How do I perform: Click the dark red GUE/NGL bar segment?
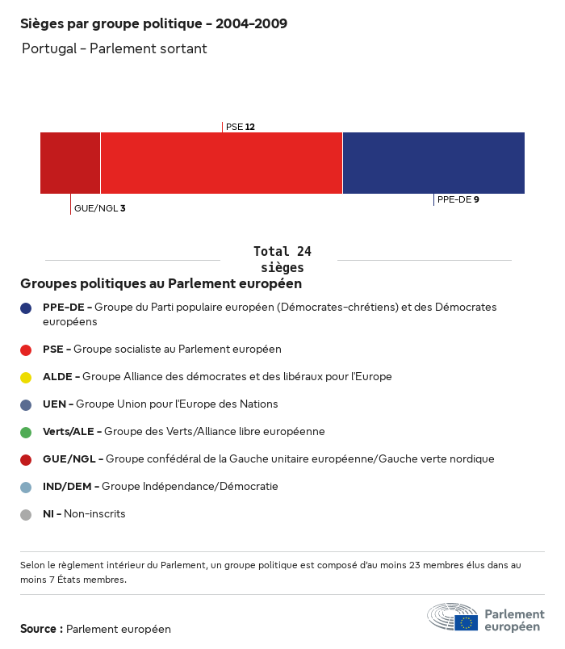pyautogui.click(x=70, y=163)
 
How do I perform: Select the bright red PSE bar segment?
pyautogui.click(x=221, y=163)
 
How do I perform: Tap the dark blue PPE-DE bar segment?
pyautogui.click(x=433, y=163)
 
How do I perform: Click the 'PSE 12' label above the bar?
pyautogui.click(x=241, y=127)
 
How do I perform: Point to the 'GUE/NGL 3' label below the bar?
pyautogui.click(x=99, y=208)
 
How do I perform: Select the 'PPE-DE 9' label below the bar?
pyautogui.click(x=458, y=199)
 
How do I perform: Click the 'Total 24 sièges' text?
pyautogui.click(x=282, y=259)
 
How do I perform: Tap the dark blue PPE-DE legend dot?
pyautogui.click(x=26, y=308)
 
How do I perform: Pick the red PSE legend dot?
pyautogui.click(x=26, y=350)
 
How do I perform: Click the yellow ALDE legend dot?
pyautogui.click(x=26, y=377)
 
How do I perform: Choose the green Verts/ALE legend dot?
pyautogui.click(x=26, y=432)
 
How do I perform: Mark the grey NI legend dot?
pyautogui.click(x=26, y=514)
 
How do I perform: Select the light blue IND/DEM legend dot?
pyautogui.click(x=26, y=487)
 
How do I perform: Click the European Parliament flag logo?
pyautogui.click(x=466, y=622)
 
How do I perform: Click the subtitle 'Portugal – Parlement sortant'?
pyautogui.click(x=115, y=49)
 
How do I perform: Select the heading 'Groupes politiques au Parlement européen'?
pyautogui.click(x=161, y=284)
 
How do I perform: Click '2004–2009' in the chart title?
pyautogui.click(x=251, y=23)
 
